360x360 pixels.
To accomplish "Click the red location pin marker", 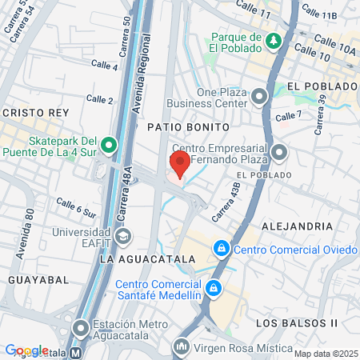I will click(x=180, y=164).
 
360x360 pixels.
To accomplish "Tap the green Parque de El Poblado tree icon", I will click(x=274, y=40).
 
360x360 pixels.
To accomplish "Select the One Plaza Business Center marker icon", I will click(x=259, y=98).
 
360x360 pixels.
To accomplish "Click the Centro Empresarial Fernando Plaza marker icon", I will click(x=278, y=151).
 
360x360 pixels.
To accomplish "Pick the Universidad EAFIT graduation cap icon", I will click(x=123, y=236).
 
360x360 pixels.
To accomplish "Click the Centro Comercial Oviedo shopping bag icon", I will click(x=221, y=249).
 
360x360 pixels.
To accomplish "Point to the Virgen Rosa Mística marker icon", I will click(x=182, y=346).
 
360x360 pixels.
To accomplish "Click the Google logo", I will click(x=26, y=350).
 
